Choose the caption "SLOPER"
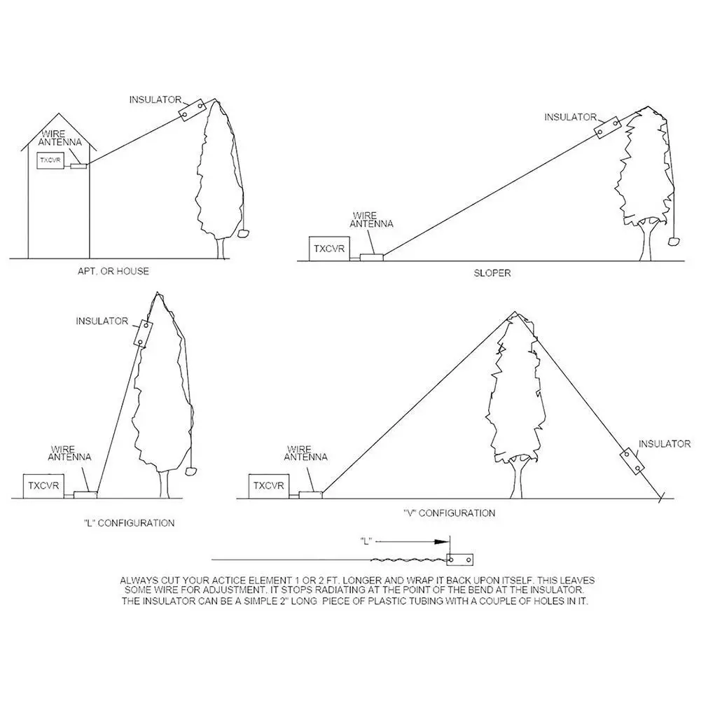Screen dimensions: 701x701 coord(492,273)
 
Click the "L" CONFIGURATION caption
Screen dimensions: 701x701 coord(129,523)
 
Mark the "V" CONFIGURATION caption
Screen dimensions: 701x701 coord(450,513)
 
